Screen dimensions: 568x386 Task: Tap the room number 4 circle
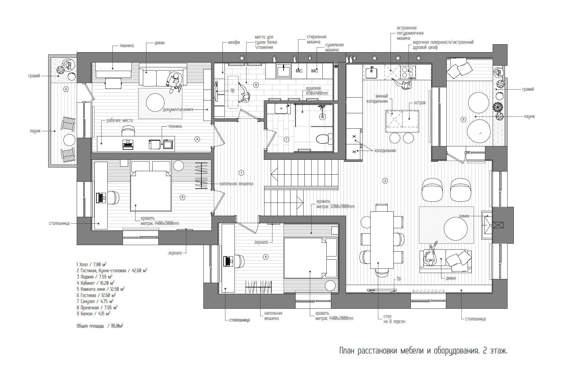click(197, 139)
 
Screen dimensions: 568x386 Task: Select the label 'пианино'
click(127, 46)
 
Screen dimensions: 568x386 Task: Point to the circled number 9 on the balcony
click(66, 89)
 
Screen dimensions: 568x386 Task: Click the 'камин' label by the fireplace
click(464, 216)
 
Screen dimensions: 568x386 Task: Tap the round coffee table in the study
click(155, 103)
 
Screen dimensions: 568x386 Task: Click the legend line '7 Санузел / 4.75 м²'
click(95, 301)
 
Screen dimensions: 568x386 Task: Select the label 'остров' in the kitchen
click(420, 103)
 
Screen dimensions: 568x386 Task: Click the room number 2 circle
click(385, 180)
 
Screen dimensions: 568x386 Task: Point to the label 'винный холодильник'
click(377, 99)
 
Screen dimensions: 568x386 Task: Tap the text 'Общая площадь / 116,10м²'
click(100, 326)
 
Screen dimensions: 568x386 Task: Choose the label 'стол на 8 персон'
click(394, 319)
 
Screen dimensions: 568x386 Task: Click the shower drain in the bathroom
click(323, 117)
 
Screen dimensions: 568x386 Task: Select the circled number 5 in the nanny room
click(266, 257)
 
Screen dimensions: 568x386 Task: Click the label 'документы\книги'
click(178, 110)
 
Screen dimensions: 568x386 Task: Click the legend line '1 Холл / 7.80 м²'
click(92, 264)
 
